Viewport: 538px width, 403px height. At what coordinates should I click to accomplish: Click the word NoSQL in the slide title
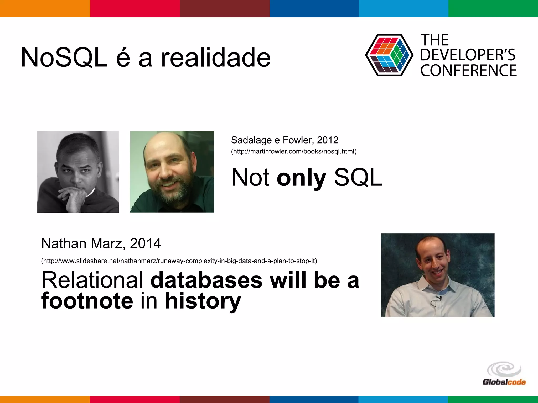(64, 58)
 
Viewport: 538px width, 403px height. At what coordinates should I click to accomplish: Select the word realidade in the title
(216, 58)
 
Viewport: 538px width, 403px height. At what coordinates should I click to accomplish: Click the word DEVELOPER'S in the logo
(468, 55)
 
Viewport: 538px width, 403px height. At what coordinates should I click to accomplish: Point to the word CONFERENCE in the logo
(468, 70)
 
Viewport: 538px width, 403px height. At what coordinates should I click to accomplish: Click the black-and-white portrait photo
(78, 172)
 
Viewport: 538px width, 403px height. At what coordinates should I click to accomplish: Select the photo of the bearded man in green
(172, 172)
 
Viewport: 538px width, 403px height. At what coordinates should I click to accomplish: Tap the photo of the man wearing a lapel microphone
(438, 275)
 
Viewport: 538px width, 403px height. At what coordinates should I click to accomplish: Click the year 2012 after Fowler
(328, 140)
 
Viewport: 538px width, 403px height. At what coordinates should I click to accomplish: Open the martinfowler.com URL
(294, 152)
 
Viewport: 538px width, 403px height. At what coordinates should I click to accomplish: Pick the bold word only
(301, 178)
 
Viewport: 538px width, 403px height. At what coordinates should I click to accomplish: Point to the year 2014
(145, 243)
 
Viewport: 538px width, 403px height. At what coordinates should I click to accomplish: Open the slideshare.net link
(179, 261)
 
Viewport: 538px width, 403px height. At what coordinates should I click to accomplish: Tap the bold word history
(203, 301)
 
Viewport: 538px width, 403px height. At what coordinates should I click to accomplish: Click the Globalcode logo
(504, 374)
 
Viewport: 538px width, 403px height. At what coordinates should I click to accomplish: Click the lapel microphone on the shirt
(438, 298)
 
